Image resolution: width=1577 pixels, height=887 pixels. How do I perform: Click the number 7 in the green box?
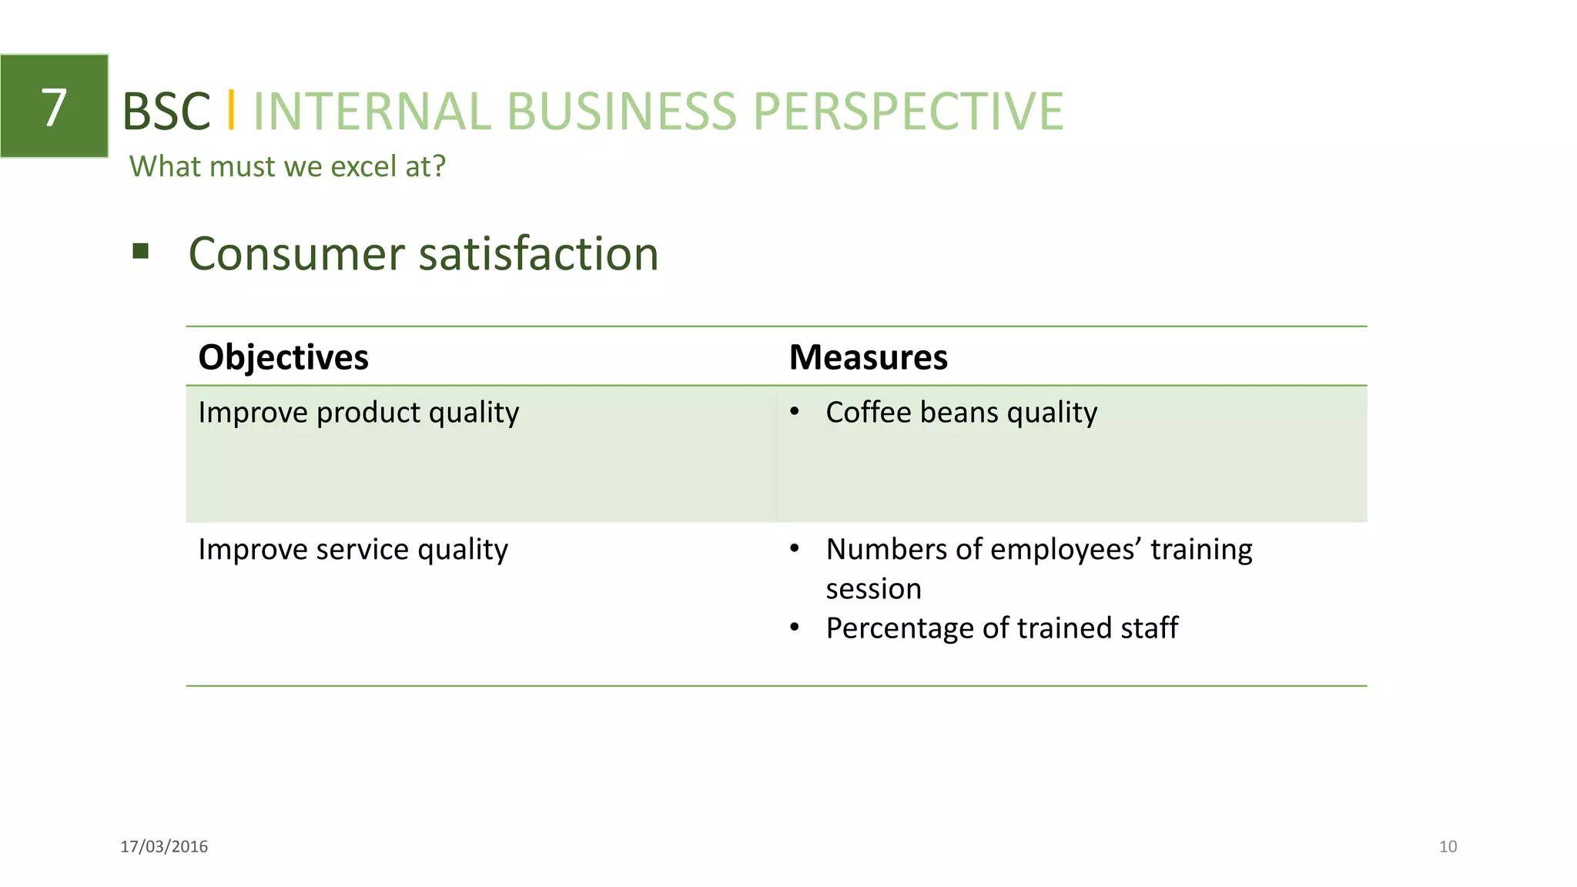[x=54, y=107]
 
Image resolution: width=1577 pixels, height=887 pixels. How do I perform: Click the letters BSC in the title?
[x=166, y=112]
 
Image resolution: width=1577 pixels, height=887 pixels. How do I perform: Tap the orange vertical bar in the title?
[x=231, y=110]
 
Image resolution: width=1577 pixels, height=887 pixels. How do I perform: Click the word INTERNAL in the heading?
[x=372, y=112]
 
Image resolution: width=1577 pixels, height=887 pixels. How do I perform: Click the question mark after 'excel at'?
[x=439, y=166]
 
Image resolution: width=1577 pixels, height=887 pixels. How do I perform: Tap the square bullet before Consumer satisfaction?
[x=140, y=251]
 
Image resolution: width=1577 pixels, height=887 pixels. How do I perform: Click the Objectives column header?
[x=283, y=357]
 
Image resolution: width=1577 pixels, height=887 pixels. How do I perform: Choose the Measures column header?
[x=868, y=357]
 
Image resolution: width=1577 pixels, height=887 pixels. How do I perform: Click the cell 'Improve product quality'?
[x=359, y=413]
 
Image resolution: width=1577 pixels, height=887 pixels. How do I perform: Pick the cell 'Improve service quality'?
[x=353, y=550]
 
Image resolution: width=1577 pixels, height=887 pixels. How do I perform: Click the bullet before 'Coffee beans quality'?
[x=795, y=412]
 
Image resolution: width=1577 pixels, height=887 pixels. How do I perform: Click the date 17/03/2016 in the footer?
[x=164, y=846]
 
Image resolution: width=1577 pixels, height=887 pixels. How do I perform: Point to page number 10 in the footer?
[x=1448, y=846]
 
